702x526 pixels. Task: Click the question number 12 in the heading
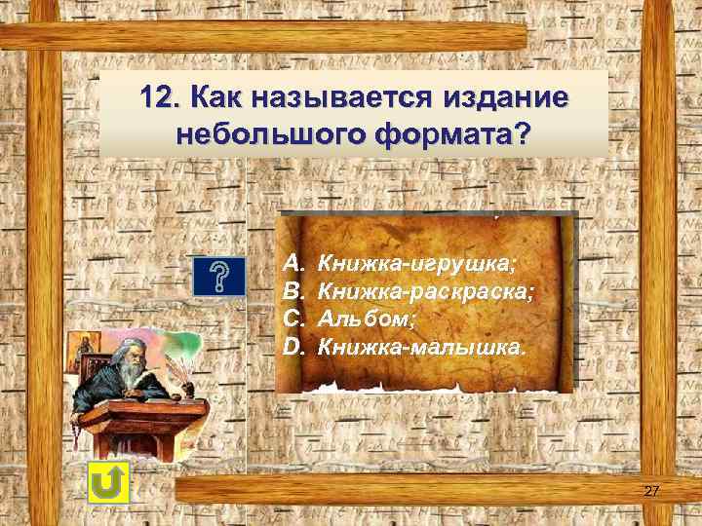coord(159,98)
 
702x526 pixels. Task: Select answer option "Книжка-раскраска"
coord(427,290)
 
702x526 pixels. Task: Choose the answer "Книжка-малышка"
coord(420,345)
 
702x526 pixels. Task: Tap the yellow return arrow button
coord(108,483)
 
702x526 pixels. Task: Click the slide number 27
coord(651,491)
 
